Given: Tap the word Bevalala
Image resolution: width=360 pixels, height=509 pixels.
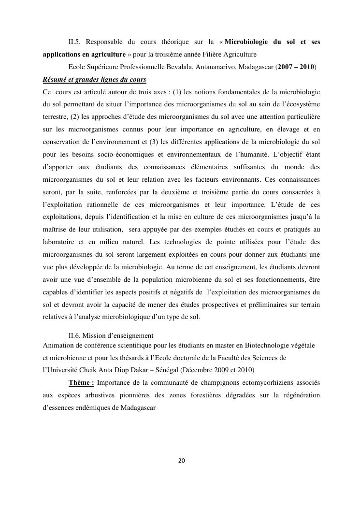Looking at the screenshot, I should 194,66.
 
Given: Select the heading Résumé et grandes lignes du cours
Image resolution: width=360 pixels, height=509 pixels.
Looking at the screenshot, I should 95,79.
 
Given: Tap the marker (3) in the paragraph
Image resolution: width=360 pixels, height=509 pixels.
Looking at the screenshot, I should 169,142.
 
